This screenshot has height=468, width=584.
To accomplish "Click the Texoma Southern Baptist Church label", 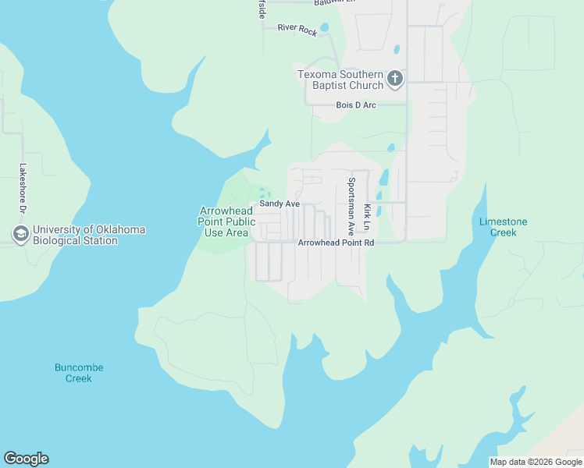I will pyautogui.click(x=340, y=80).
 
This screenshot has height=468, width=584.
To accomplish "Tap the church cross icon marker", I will pyautogui.click(x=396, y=78).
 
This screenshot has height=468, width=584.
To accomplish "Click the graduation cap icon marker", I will pyautogui.click(x=20, y=233).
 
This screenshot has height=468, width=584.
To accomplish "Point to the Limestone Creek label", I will pyautogui.click(x=503, y=227).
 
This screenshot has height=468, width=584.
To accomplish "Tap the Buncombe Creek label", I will pyautogui.click(x=79, y=373).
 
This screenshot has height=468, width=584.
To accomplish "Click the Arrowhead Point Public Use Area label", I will pyautogui.click(x=226, y=222).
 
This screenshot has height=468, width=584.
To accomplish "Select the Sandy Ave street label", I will pyautogui.click(x=280, y=204).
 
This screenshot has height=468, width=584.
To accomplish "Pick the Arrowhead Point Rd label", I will pyautogui.click(x=337, y=243).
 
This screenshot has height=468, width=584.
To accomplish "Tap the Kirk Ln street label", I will pyautogui.click(x=367, y=217).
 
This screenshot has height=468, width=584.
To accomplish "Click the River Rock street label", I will pyautogui.click(x=297, y=30).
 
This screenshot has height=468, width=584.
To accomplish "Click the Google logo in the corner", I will pyautogui.click(x=26, y=459).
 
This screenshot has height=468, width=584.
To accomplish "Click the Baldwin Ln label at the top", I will pyautogui.click(x=333, y=3).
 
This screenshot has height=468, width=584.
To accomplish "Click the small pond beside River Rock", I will pyautogui.click(x=325, y=28).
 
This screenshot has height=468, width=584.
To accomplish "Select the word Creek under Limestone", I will pyautogui.click(x=503, y=232).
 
